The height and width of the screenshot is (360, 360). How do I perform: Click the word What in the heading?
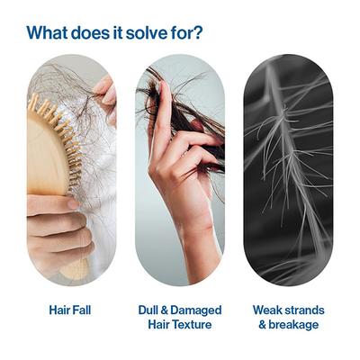[47, 32]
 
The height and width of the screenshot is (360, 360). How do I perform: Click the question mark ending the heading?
[197, 32]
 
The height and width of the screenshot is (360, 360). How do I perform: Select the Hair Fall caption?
[70, 310]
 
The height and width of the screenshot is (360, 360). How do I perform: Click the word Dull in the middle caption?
[148, 310]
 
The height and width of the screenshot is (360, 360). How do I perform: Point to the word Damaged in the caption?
[196, 310]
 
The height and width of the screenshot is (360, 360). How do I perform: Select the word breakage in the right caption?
[293, 325]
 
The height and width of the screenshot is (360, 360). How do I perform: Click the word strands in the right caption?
[305, 310]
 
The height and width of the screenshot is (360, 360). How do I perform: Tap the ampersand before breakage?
[262, 325]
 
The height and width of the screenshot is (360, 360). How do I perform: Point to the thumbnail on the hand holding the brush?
[72, 204]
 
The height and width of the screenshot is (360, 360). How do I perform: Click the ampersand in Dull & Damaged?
[165, 310]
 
